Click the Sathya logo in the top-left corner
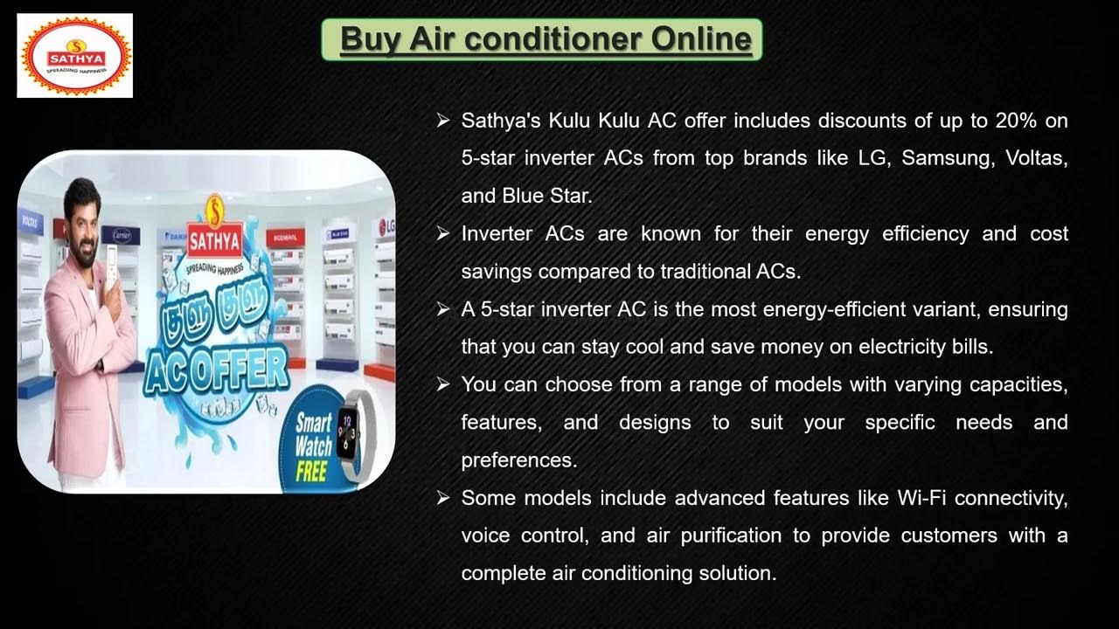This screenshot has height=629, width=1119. [x=75, y=55]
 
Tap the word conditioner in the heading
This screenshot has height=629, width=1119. [x=559, y=39]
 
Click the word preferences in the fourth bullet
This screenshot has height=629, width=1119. [x=518, y=460]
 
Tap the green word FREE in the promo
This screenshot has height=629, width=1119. [x=311, y=472]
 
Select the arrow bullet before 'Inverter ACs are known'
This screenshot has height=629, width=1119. [x=443, y=233]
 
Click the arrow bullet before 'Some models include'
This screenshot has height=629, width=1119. [x=443, y=498]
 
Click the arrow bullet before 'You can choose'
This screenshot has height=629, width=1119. [x=443, y=384]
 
